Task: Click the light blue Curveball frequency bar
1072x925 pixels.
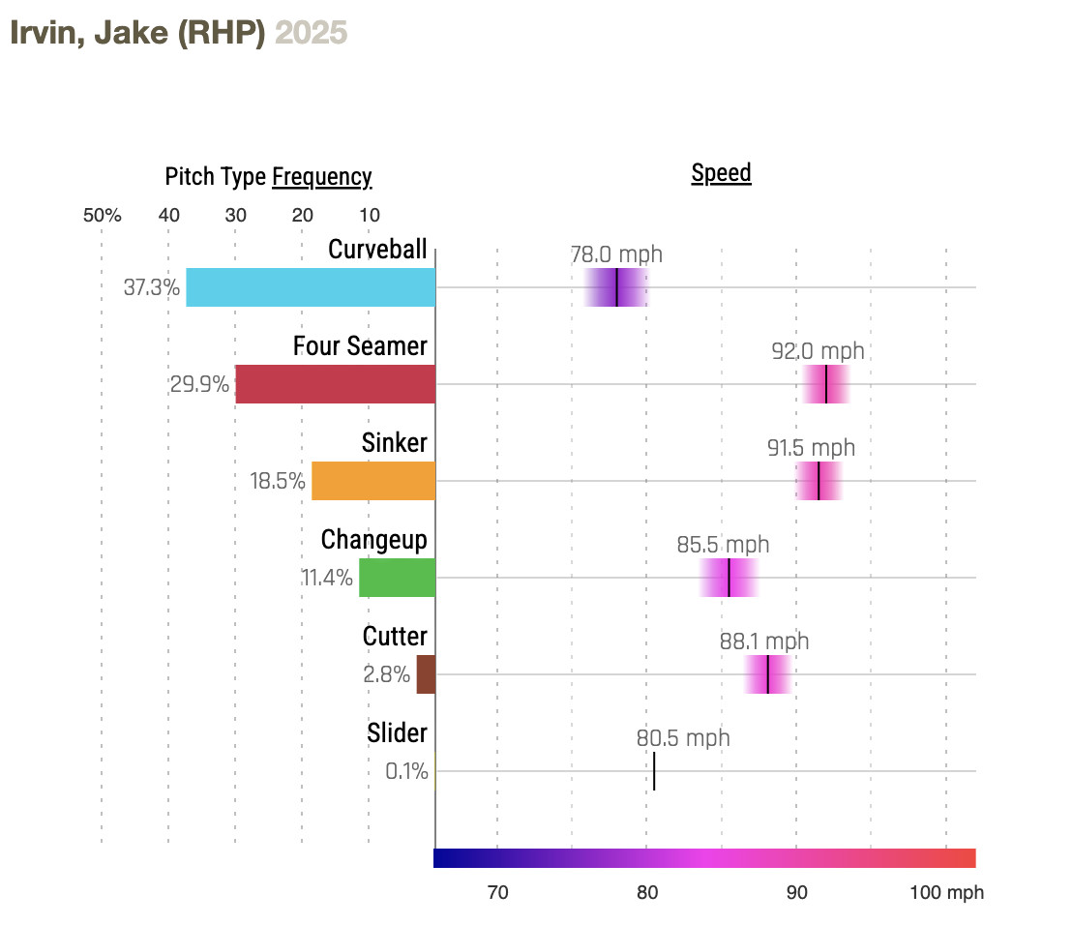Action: point(311,287)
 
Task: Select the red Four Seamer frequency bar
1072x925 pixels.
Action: point(335,384)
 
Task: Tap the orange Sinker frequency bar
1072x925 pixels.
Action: point(373,481)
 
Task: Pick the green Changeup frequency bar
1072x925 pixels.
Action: point(397,578)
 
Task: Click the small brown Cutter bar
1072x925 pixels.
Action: point(426,674)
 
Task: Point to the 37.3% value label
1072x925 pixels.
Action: point(152,287)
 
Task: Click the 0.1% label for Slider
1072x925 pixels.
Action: point(406,771)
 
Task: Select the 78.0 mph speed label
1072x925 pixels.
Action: point(616,254)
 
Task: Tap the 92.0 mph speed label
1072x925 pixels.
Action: point(818,351)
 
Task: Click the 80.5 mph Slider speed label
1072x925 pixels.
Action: point(683,738)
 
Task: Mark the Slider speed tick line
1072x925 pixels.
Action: point(654,771)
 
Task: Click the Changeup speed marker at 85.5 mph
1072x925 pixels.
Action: point(729,578)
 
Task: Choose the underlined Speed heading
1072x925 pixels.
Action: point(721,173)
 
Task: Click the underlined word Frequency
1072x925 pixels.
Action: point(321,177)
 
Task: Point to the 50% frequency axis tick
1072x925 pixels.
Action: point(102,215)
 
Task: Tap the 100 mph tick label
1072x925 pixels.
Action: point(946,892)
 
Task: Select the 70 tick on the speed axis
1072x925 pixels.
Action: point(497,892)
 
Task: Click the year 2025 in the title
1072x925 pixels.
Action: point(311,33)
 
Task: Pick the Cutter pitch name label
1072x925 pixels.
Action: point(395,636)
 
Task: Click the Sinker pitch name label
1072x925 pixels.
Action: point(394,442)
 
